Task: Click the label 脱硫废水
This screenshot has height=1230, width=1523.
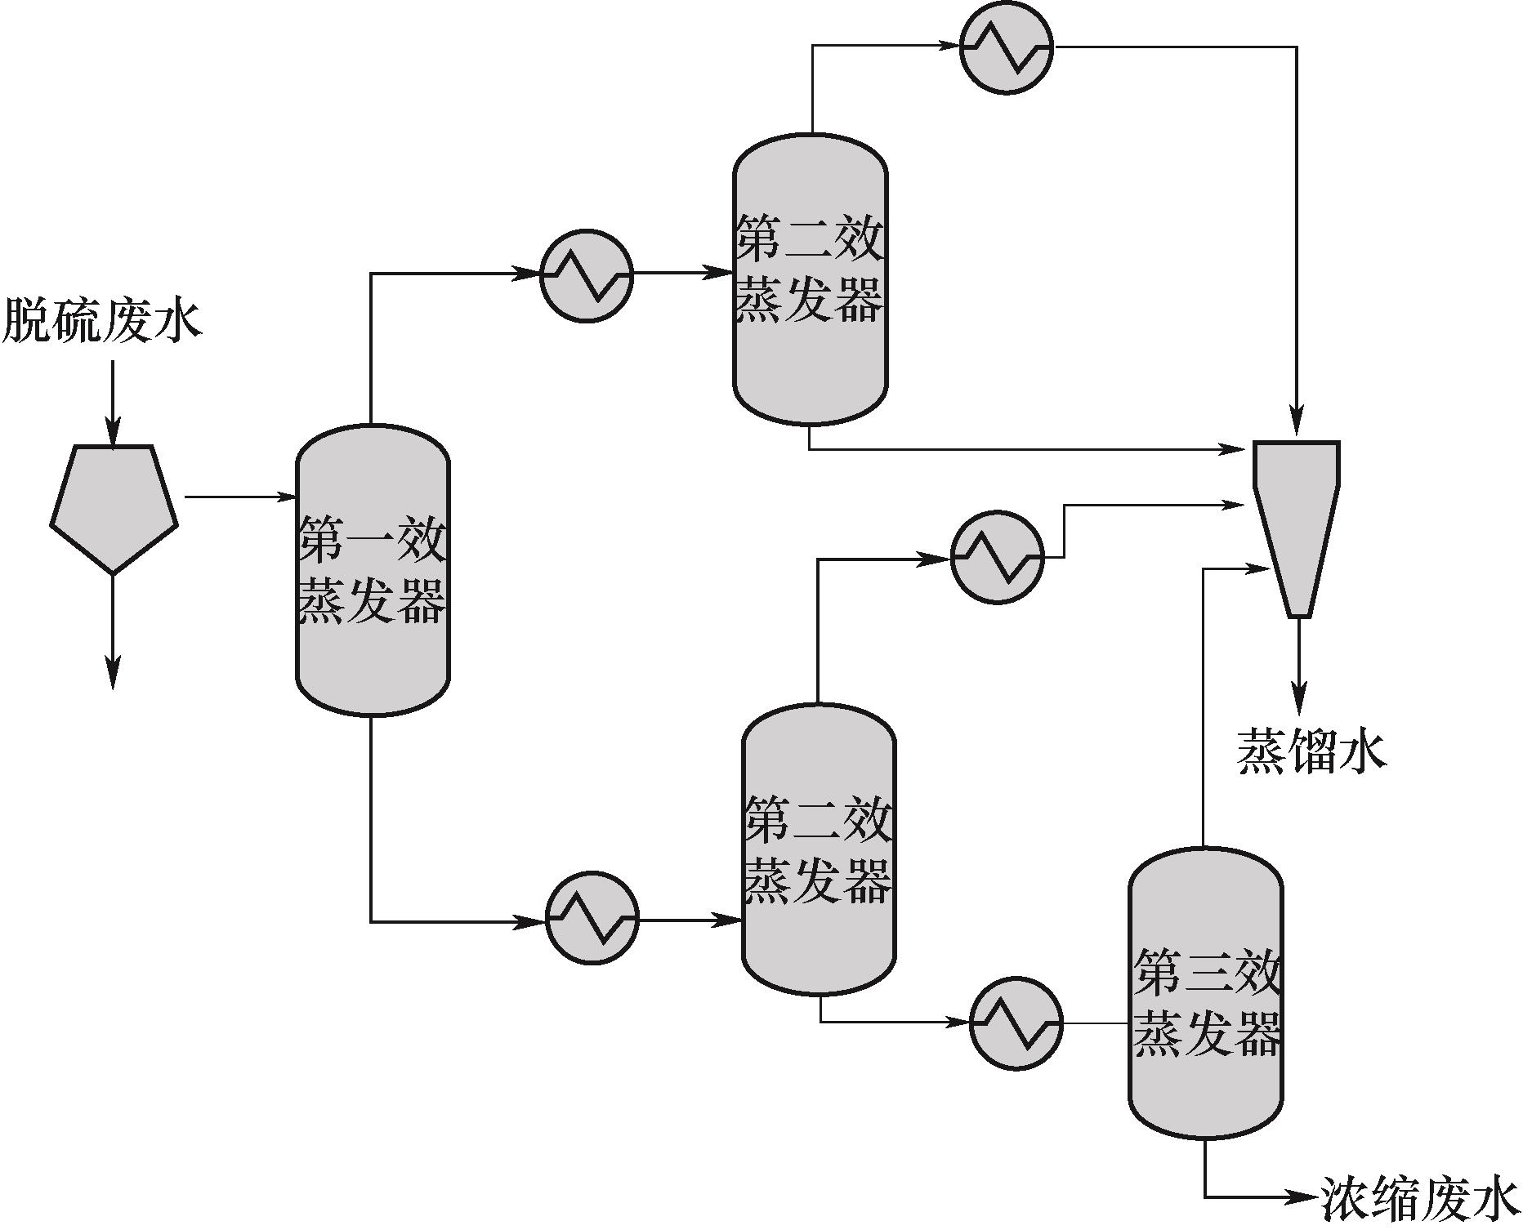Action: [102, 319]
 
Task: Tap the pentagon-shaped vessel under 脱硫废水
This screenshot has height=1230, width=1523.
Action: [114, 506]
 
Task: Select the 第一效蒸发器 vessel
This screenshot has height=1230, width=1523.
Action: [372, 570]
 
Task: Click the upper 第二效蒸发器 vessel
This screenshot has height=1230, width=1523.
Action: [810, 279]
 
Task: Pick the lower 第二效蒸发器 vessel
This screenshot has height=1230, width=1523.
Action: [819, 849]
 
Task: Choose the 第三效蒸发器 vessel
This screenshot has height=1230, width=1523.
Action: [1205, 993]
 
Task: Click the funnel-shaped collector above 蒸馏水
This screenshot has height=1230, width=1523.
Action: [1297, 523]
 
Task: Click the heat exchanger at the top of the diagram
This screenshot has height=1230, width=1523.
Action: [1006, 47]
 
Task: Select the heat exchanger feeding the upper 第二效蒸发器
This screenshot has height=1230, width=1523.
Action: [587, 276]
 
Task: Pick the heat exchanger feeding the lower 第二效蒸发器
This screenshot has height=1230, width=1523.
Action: [592, 919]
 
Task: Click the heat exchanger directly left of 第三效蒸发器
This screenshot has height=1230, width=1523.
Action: [1016, 1023]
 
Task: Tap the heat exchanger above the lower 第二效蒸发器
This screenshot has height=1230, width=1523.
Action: [997, 558]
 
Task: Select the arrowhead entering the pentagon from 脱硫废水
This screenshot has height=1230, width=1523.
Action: [113, 433]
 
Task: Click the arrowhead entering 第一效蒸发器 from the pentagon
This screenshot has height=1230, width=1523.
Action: [286, 496]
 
